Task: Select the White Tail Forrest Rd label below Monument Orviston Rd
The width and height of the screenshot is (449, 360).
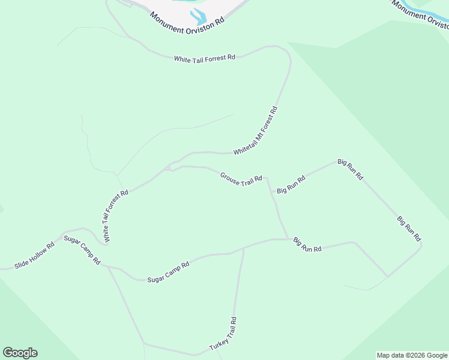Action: tap(204, 58)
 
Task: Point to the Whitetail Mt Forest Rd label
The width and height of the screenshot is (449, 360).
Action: tap(256, 131)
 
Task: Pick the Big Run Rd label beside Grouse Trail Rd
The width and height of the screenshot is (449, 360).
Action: tap(291, 184)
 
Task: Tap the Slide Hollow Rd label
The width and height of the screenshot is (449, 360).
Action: tap(34, 255)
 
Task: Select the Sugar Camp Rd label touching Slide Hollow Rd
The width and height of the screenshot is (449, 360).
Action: tap(82, 251)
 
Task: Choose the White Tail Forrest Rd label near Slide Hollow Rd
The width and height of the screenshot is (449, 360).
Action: tap(116, 217)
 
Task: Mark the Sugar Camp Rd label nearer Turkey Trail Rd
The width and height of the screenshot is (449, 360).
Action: tap(168, 272)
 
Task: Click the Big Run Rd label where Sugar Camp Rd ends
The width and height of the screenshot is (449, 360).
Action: tap(308, 245)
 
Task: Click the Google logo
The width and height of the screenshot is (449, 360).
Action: tap(20, 353)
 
